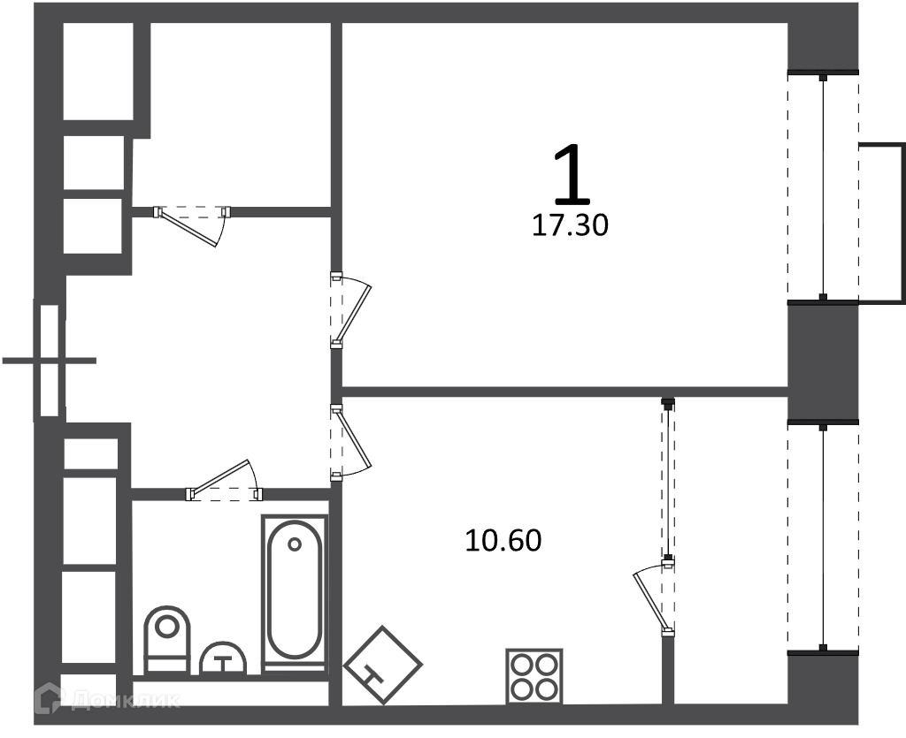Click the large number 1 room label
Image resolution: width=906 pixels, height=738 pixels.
coord(572,175)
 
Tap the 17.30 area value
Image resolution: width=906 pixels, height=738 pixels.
coord(570,225)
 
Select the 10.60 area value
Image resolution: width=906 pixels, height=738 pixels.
coord(503,541)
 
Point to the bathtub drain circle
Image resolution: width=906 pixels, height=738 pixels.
coord(295,544)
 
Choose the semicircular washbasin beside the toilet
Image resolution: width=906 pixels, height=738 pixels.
coord(224,659)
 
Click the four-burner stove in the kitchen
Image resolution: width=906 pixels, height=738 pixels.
coord(534,675)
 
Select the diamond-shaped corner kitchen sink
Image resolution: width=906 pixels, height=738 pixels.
coord(383,665)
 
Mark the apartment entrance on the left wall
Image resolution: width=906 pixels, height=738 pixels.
coord(50,361)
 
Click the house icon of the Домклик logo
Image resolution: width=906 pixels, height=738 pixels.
coord(49,698)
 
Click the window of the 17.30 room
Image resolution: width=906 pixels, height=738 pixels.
coord(824,186)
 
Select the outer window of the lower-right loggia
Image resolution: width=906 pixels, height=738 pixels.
coord(823,537)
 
